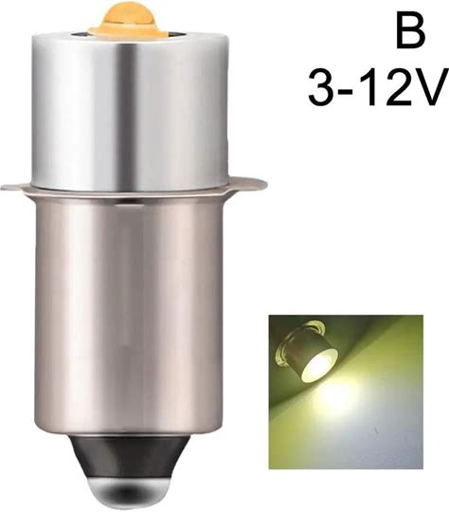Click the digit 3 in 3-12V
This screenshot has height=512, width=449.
click(x=322, y=88)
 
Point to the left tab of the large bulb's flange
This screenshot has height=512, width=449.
click(x=16, y=188)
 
